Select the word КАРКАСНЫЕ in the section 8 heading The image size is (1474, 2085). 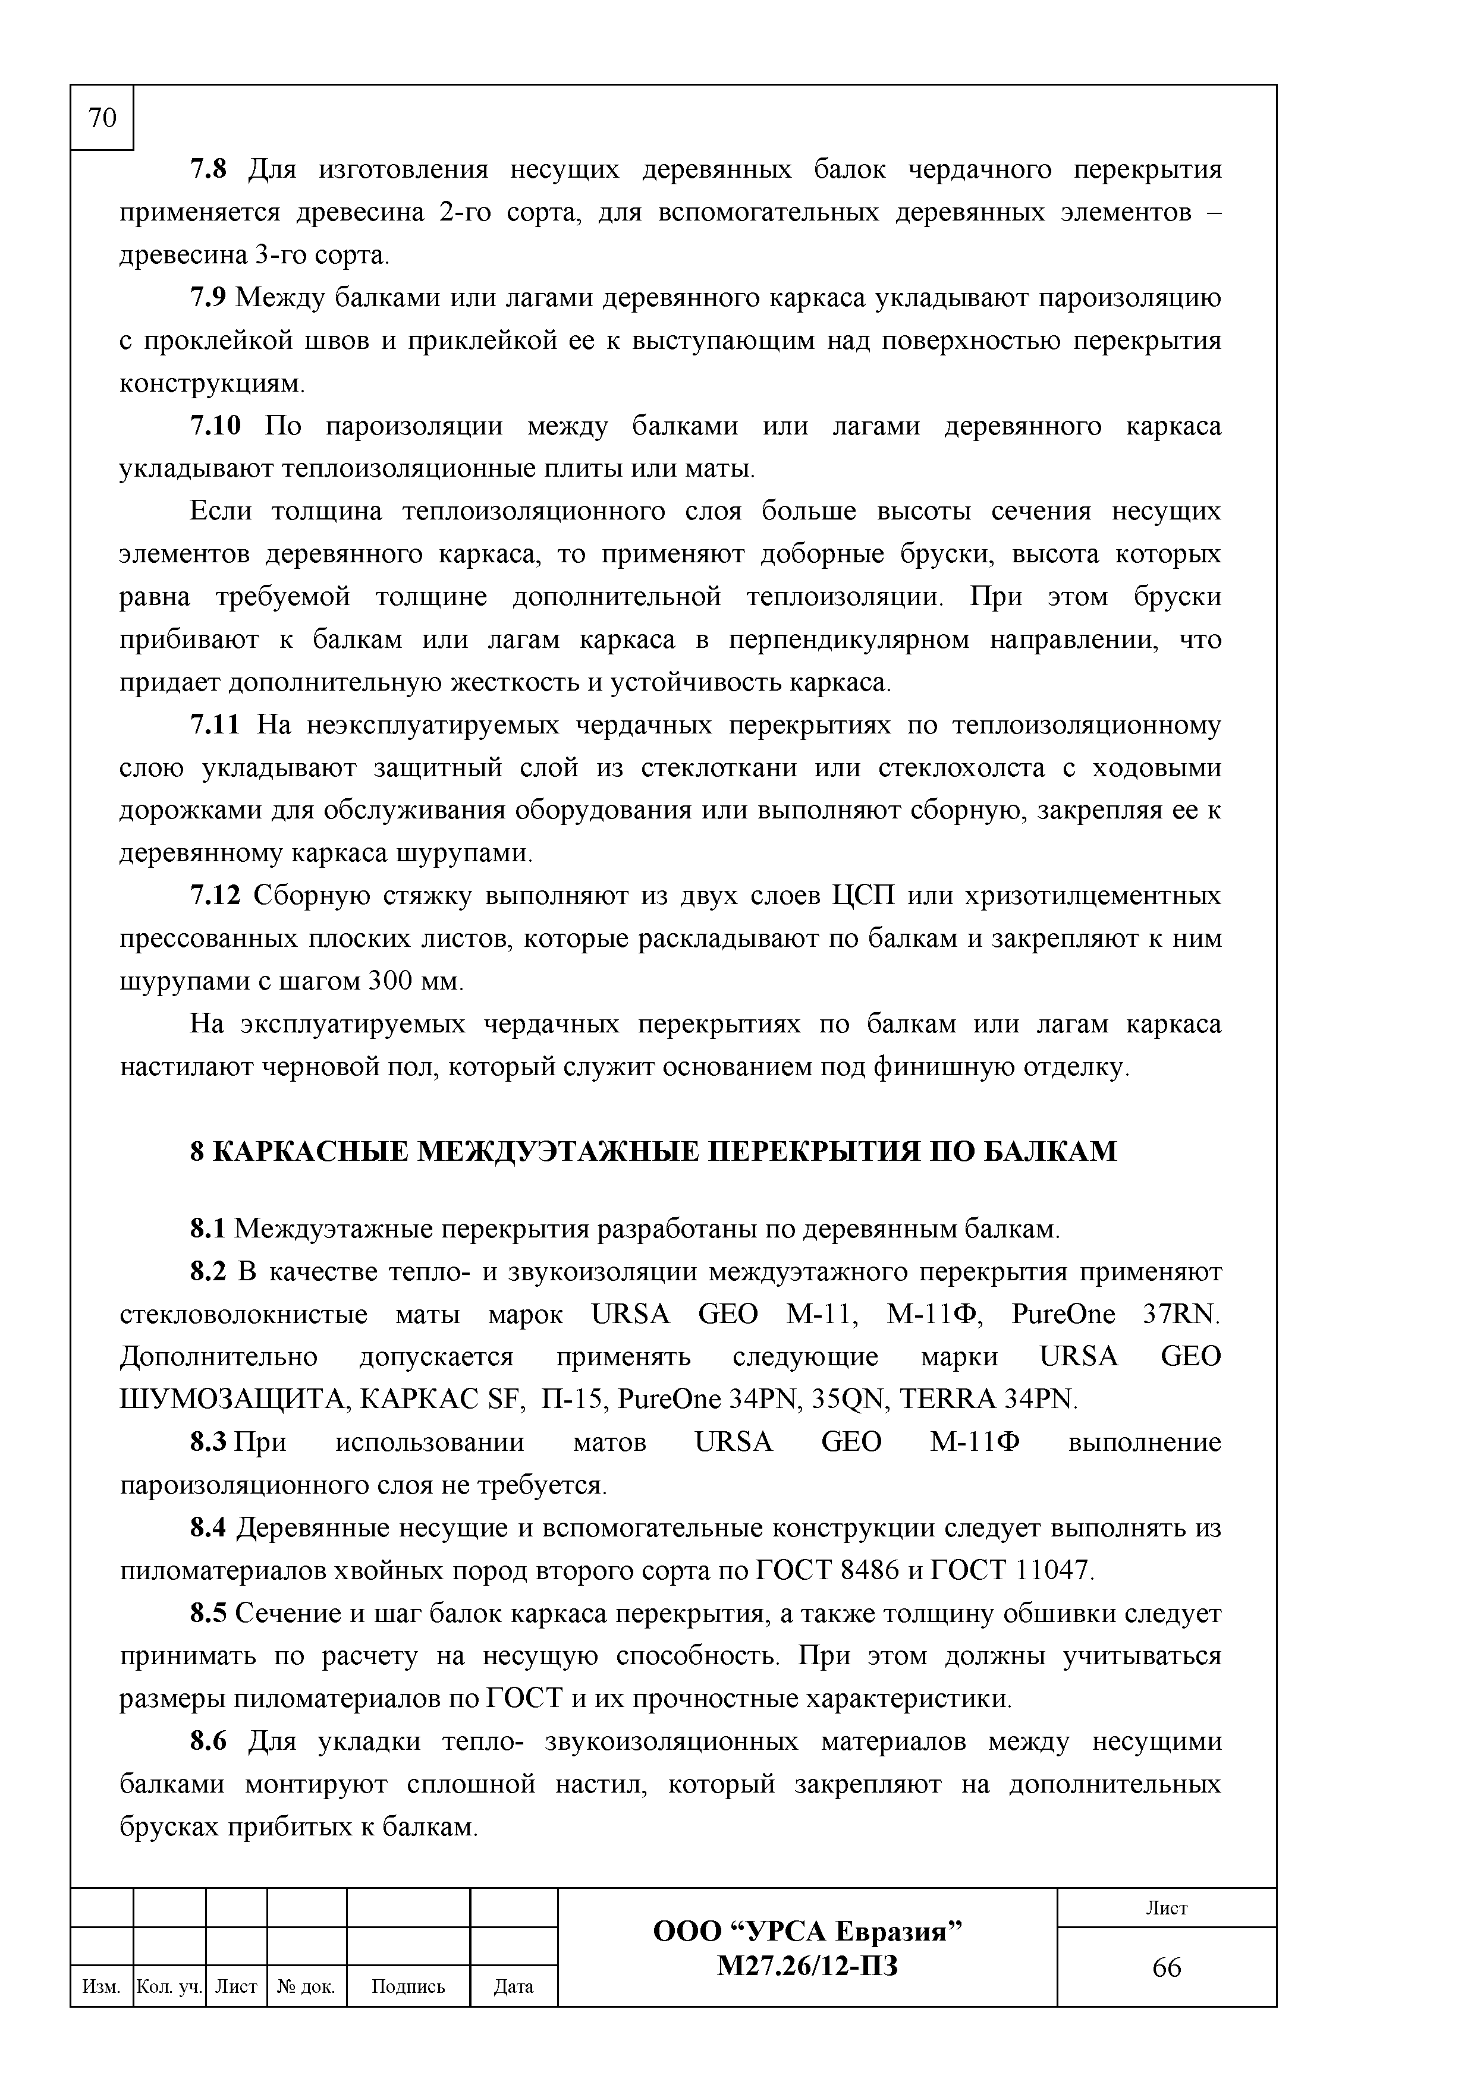(310, 1151)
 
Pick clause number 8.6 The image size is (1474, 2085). (207, 1741)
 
